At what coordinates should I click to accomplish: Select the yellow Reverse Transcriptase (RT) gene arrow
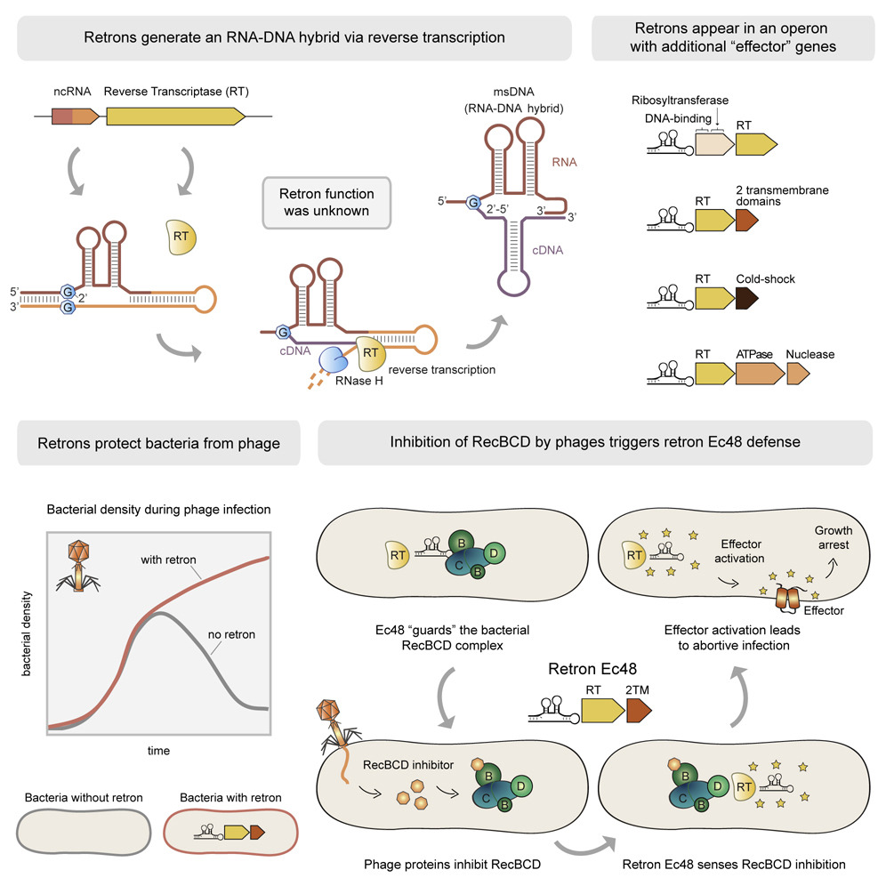(174, 115)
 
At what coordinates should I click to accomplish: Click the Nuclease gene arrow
(798, 375)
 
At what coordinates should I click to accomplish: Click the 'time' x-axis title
(159, 751)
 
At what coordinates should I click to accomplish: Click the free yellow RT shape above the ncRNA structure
(181, 238)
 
